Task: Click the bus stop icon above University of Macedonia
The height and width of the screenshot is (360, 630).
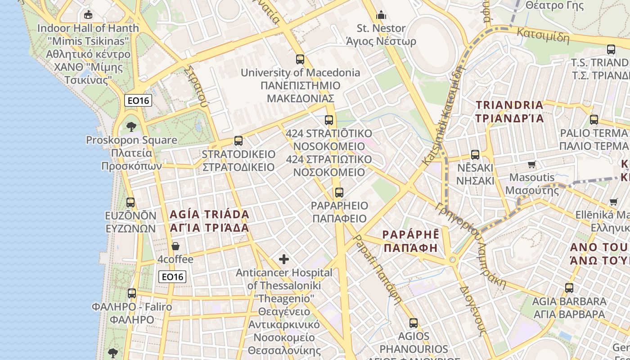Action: coord(300,59)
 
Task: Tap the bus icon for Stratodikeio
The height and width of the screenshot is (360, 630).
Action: coord(238,141)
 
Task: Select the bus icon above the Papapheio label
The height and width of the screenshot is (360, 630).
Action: coord(339,193)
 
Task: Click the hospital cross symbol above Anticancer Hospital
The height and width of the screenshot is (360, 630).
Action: coord(284,259)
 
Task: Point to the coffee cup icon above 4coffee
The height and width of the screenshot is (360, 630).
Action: coord(175,246)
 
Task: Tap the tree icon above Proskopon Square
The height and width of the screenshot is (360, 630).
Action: coord(131,126)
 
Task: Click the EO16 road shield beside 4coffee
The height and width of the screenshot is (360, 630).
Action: coord(172,277)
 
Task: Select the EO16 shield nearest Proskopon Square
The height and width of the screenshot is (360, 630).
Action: coord(138,100)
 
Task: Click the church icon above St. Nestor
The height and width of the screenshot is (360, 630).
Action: coord(381,15)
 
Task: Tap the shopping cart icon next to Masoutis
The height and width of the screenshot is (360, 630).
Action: coord(532,164)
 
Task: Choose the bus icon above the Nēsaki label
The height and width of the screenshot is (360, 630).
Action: coord(475,155)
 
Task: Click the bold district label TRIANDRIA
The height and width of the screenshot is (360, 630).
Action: coord(510,105)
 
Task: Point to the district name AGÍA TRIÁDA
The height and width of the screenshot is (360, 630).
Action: coord(209,214)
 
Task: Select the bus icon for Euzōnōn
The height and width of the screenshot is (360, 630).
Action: coord(130,202)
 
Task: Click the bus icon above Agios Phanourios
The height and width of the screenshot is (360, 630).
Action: coord(414,323)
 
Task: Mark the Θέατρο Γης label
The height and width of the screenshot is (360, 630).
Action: coord(554,5)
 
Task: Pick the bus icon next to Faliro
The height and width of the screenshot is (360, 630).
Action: coord(132,293)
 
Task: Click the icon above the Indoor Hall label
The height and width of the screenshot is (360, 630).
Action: coord(88,15)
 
